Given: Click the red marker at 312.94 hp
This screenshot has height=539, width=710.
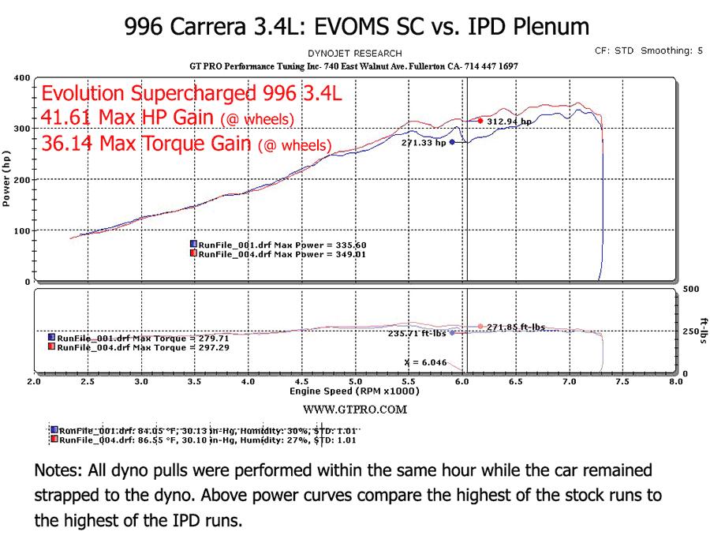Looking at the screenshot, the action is point(480,121).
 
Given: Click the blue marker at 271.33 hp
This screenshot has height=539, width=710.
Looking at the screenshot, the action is point(452,142).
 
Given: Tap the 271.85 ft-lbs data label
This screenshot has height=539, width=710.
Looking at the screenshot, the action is point(516,327).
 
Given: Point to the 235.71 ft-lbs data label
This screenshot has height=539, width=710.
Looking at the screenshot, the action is point(417,333).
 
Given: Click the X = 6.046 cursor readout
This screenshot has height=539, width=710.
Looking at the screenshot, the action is point(425,362).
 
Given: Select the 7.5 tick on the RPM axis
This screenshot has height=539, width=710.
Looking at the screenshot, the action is point(622,381).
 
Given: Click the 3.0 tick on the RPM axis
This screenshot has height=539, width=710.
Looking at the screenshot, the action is point(141,381).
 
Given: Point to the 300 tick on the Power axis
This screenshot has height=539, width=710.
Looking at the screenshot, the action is point(22,129).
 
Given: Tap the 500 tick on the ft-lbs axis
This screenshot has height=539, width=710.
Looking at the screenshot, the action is point(691,289).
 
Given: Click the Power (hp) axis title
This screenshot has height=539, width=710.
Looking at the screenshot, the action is point(6,178).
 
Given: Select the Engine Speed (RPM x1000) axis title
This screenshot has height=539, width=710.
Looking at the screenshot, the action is point(354,391).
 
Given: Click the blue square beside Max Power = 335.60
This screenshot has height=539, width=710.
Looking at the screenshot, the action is point(193,244).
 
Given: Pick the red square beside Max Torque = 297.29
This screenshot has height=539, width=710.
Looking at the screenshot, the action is point(51,346).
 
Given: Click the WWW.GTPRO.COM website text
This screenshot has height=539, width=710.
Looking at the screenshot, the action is point(355,410).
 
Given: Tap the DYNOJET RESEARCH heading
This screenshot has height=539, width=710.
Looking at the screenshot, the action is point(354,54).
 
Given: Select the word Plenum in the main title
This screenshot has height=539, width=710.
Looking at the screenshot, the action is point(551,27).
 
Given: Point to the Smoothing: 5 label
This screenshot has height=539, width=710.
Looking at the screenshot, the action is point(672,51).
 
